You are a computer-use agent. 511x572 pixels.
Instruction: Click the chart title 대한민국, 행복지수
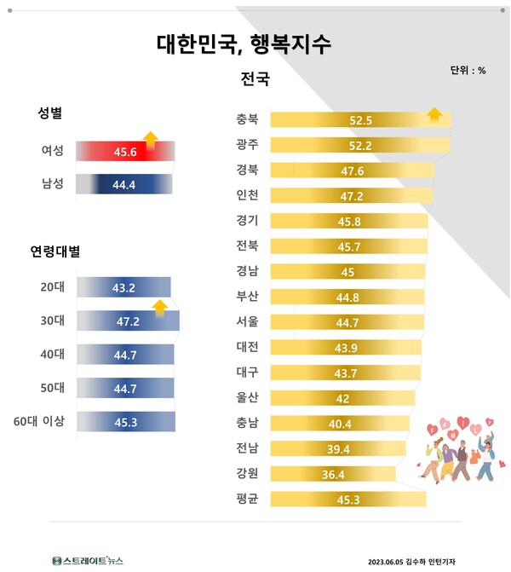(x=244, y=44)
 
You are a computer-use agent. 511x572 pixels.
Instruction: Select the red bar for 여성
(x=125, y=151)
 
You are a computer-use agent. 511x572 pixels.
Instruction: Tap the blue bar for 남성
(x=125, y=183)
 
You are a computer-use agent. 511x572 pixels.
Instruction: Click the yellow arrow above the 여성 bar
(x=151, y=137)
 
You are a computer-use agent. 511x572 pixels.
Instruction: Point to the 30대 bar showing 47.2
(x=128, y=321)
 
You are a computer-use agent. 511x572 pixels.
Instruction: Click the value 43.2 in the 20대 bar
(x=124, y=287)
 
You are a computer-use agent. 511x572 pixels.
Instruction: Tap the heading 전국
(x=255, y=80)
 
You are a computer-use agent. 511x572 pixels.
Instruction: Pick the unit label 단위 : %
(x=468, y=70)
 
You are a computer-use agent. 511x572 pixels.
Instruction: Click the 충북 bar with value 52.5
(x=360, y=120)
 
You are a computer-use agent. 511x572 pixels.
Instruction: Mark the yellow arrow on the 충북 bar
(x=433, y=114)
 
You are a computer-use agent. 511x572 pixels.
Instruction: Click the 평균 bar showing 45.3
(x=349, y=500)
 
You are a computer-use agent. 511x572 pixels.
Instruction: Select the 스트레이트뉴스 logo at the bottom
(x=87, y=560)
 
